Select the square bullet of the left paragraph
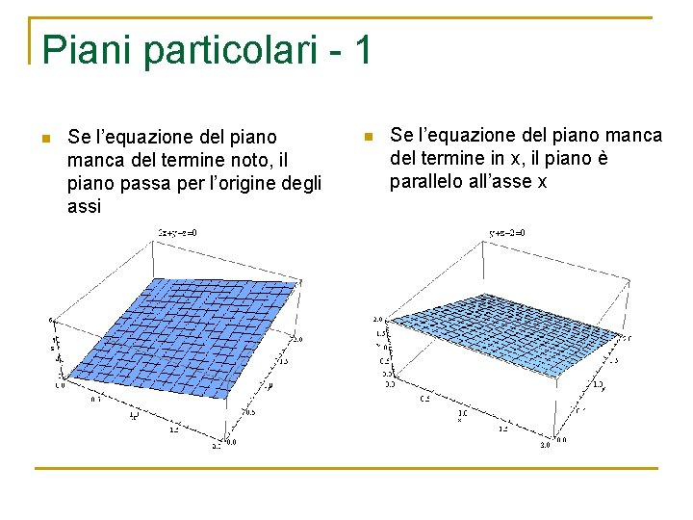coord(44,139)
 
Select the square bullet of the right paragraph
coord(366,138)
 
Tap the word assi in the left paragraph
coord(85,206)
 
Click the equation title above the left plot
coord(186,232)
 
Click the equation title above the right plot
coord(507,232)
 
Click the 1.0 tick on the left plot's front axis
coord(133,415)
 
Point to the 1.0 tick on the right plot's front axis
coord(463,412)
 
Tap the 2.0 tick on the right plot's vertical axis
coord(378,318)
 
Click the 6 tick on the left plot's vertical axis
coord(50,319)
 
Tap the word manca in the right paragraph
coord(639,136)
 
